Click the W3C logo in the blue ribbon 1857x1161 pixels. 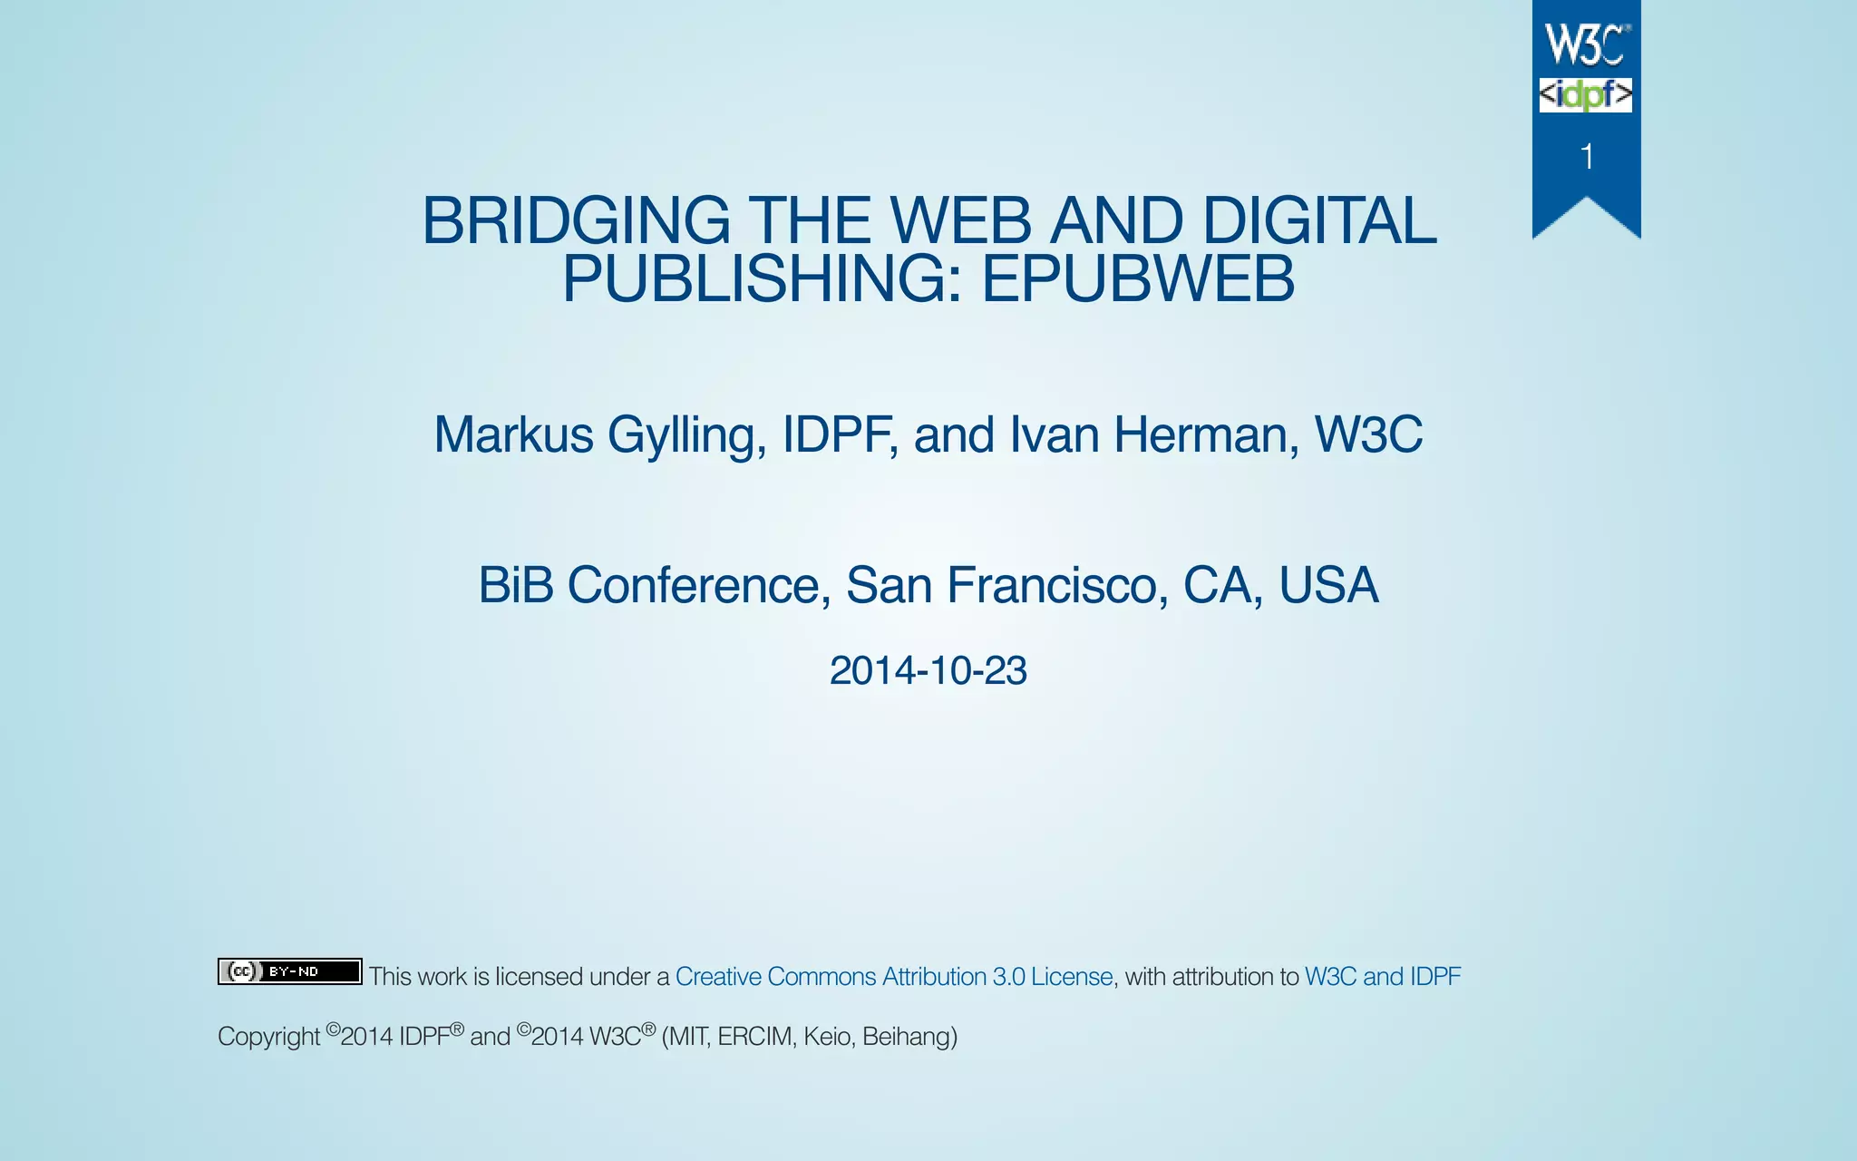point(1586,45)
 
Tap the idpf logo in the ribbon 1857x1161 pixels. point(1586,95)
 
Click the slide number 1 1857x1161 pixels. point(1587,157)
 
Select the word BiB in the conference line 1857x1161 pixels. point(515,585)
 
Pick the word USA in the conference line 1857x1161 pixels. point(1328,585)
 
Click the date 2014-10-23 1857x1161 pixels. point(928,671)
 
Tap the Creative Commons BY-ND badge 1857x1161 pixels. point(289,971)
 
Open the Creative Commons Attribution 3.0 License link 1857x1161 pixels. point(894,977)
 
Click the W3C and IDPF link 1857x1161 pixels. point(1382,977)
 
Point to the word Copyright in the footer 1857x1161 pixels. point(268,1037)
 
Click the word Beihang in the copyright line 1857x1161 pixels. point(908,1037)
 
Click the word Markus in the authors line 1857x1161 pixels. point(513,434)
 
